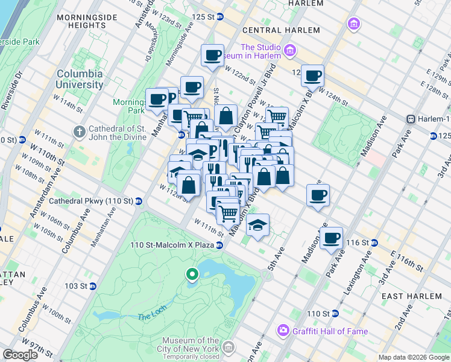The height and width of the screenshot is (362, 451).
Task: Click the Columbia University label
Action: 80,79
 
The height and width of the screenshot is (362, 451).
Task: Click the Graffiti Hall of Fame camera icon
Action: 282,331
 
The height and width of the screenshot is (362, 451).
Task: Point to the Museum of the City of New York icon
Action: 229,347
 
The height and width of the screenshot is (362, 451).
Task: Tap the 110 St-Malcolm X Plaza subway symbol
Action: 220,245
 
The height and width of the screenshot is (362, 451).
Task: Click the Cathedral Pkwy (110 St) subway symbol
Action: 139,201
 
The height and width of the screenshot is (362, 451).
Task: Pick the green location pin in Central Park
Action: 192,275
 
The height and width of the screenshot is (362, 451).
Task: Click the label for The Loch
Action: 148,316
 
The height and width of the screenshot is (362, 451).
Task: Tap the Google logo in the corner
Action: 20,355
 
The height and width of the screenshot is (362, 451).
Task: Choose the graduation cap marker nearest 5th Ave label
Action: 257,224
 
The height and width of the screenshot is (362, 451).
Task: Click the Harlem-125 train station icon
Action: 411,119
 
